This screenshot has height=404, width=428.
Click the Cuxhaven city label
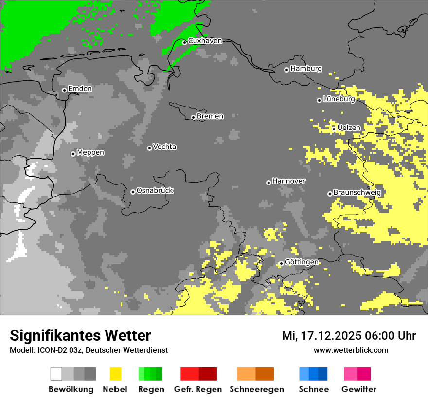coord(205,41)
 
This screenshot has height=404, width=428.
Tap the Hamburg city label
coord(306,69)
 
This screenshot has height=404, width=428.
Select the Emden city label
coord(80,89)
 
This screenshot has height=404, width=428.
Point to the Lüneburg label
coord(339,99)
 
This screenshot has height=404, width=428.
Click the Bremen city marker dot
coord(193,117)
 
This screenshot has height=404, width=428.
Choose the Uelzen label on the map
coord(349,128)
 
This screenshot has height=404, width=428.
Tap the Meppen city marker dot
coord(73,154)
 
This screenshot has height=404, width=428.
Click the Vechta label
coord(164,147)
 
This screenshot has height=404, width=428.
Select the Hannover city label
coord(288,181)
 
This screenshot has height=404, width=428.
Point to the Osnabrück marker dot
coord(133,192)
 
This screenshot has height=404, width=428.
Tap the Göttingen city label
coord(302,262)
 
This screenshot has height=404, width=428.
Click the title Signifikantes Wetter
coord(80,335)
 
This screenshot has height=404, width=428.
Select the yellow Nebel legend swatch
coord(116,374)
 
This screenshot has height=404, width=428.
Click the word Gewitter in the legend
coord(358,389)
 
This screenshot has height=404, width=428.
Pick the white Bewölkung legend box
coord(56,374)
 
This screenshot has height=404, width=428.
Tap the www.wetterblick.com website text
coord(351,350)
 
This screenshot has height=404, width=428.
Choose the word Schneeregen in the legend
coord(257,389)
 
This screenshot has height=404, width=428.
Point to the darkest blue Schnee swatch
coord(322,374)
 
